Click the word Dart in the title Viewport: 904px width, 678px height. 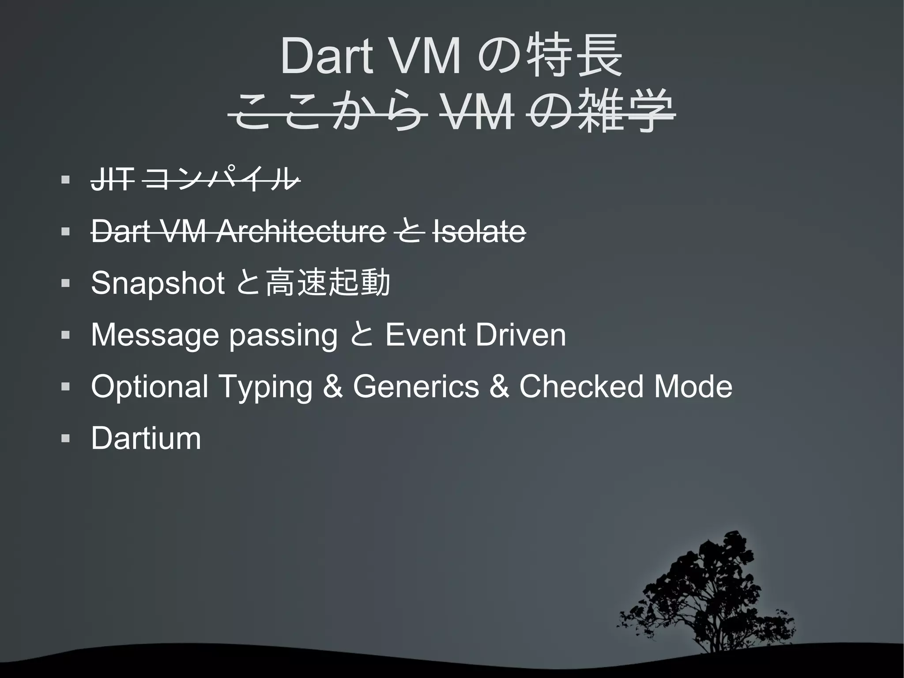pos(326,56)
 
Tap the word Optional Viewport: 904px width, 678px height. pos(149,386)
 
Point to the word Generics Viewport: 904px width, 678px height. pos(415,386)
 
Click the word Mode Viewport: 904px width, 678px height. pos(693,386)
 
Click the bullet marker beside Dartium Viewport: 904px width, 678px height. pos(66,439)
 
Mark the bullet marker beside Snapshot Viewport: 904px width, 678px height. pos(66,284)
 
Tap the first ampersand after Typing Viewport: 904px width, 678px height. pos(332,386)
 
